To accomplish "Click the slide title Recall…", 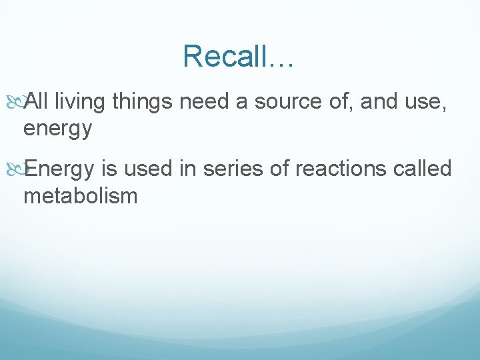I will [239, 56].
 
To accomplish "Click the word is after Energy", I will [110, 169].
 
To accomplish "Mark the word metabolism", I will [81, 195].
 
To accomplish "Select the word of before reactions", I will [282, 169].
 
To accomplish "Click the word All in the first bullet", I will [37, 102].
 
